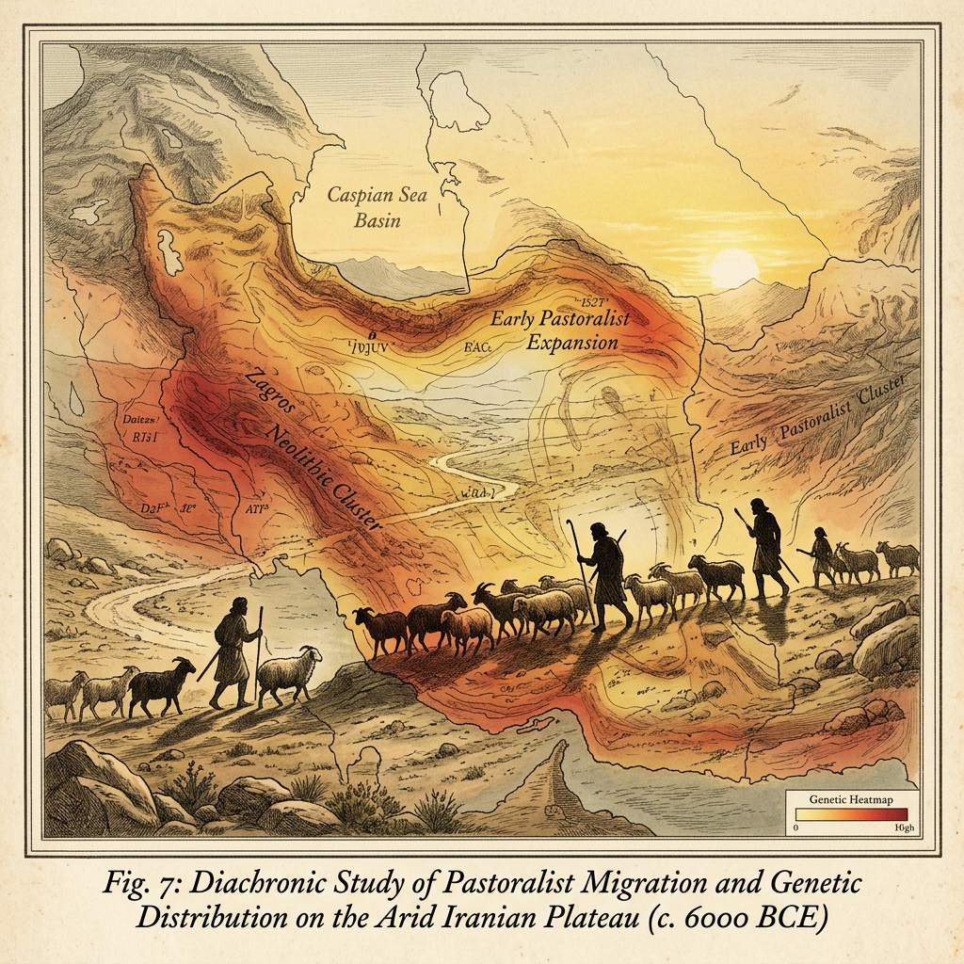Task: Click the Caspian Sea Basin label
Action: tap(363, 208)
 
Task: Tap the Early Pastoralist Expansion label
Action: tap(559, 330)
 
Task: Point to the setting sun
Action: tap(733, 268)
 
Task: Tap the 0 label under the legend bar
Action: tap(797, 828)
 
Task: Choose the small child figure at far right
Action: tap(820, 554)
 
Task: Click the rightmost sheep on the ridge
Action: tap(898, 557)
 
